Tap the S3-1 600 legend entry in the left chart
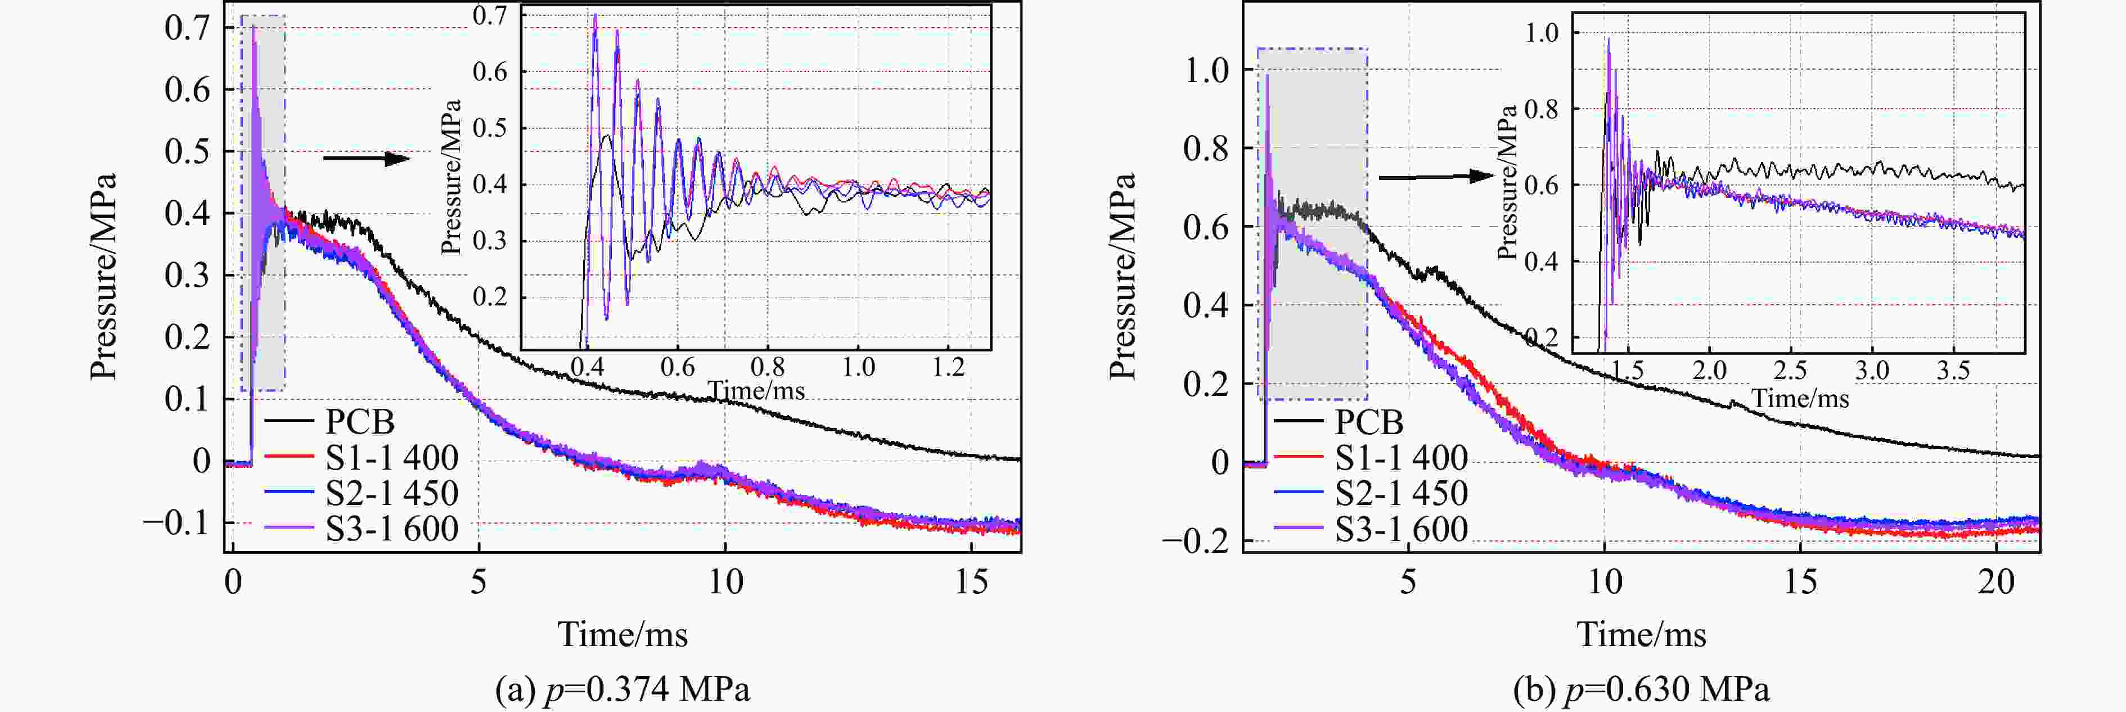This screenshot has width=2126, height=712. click(391, 528)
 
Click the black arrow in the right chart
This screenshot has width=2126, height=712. click(1436, 177)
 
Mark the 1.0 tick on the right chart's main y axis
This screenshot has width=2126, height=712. click(1206, 71)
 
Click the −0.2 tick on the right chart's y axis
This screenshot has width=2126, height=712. click(1195, 541)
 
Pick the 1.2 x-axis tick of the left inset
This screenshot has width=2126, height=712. click(948, 366)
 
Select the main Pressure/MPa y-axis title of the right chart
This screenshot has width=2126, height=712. click(1123, 276)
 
